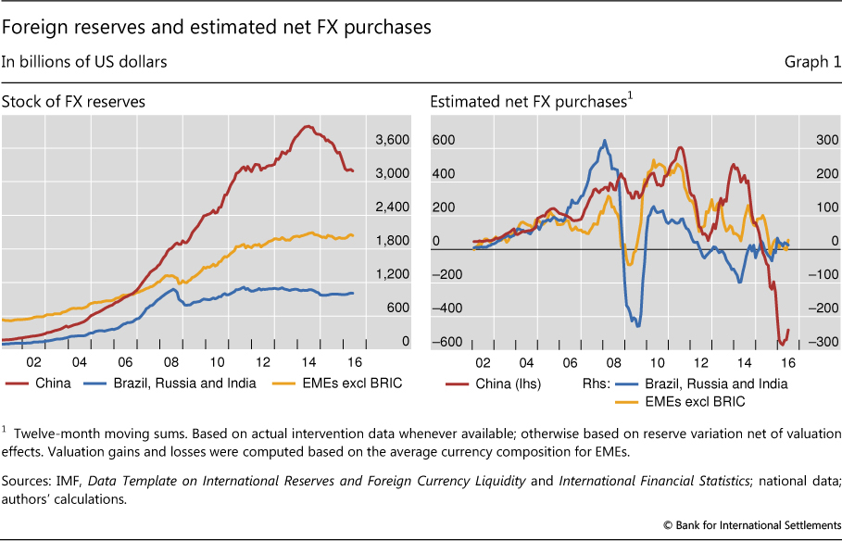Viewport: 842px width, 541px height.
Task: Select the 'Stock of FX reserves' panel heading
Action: [73, 102]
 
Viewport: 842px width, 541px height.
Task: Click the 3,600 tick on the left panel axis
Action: [392, 140]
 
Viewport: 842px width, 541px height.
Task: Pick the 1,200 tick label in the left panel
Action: [392, 274]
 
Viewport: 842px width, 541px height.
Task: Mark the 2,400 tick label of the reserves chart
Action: [392, 208]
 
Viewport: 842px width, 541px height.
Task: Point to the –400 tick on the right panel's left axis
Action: [444, 308]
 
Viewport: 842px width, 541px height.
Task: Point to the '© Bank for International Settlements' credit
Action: [751, 525]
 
